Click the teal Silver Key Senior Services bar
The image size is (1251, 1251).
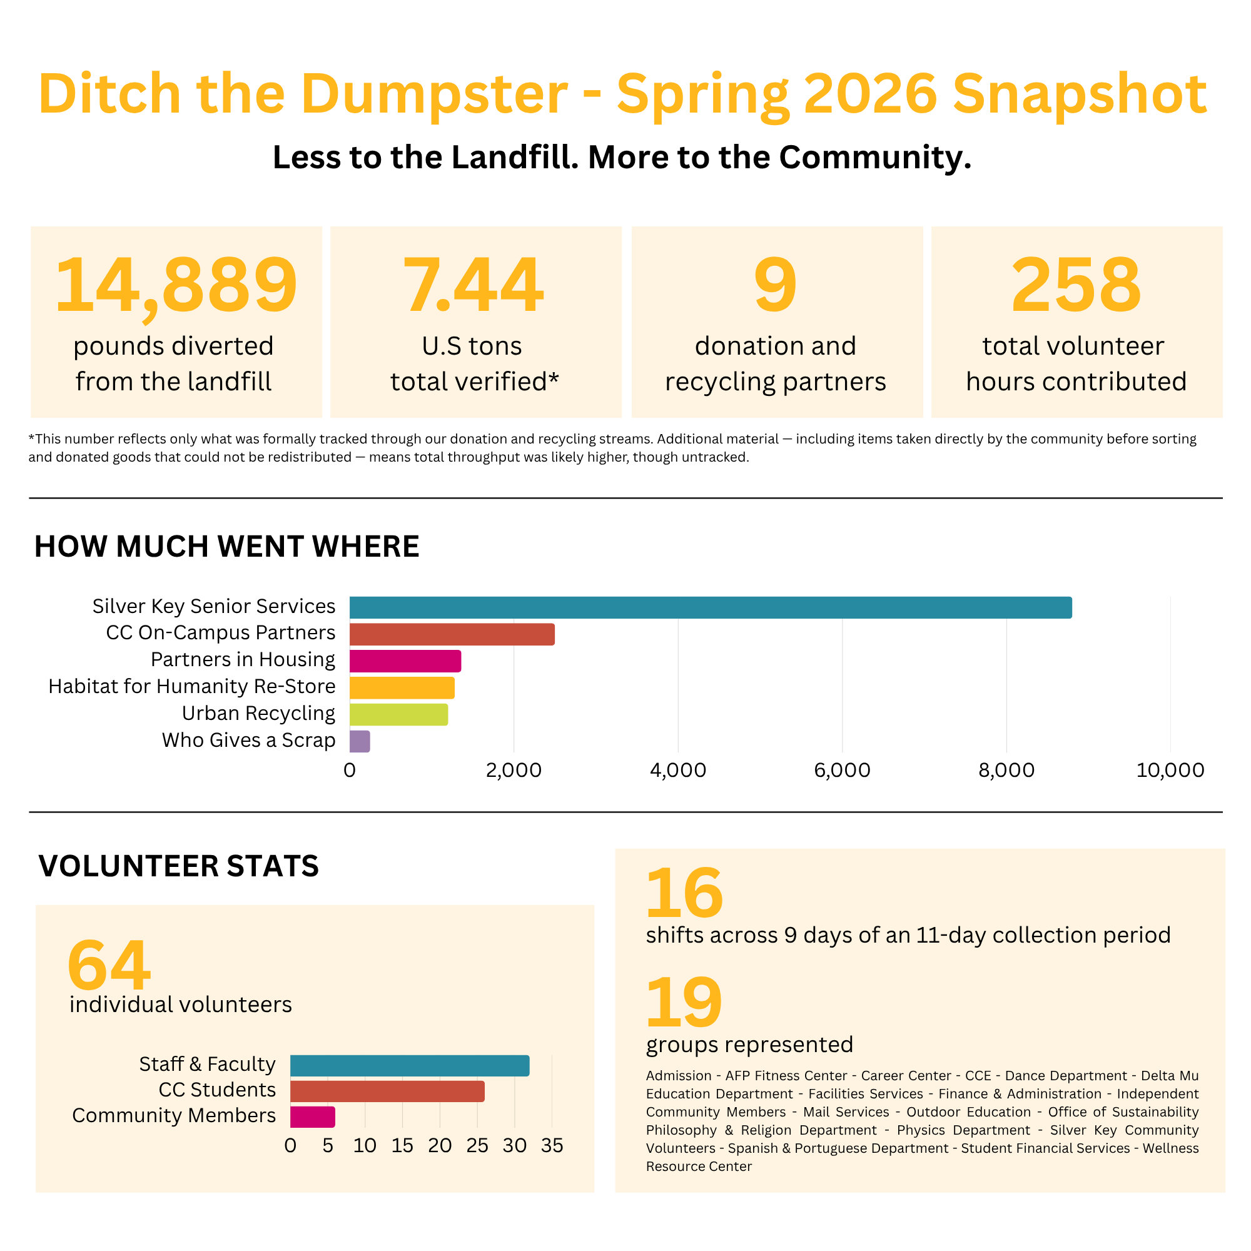pyautogui.click(x=711, y=607)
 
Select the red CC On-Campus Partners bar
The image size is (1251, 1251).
pyautogui.click(x=452, y=634)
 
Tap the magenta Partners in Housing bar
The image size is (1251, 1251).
pyautogui.click(x=405, y=661)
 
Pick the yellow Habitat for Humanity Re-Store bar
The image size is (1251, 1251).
pyautogui.click(x=402, y=687)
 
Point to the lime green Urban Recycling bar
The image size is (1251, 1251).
pyautogui.click(x=399, y=714)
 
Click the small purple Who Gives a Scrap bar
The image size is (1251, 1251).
pyautogui.click(x=360, y=741)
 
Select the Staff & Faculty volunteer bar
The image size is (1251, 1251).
pyautogui.click(x=410, y=1066)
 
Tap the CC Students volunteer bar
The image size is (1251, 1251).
pyautogui.click(x=387, y=1091)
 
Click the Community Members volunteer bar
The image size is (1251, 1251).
pyautogui.click(x=313, y=1117)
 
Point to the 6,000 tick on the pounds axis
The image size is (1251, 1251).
pyautogui.click(x=842, y=771)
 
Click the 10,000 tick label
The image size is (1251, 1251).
pyautogui.click(x=1170, y=771)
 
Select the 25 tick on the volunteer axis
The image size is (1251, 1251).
pyautogui.click(x=477, y=1145)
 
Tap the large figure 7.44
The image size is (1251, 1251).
pyautogui.click(x=474, y=285)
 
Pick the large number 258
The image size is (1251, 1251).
pyautogui.click(x=1076, y=285)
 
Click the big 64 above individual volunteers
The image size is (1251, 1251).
pyautogui.click(x=109, y=965)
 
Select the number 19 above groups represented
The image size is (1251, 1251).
pyautogui.click(x=684, y=1002)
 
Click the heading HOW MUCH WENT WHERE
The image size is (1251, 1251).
pyautogui.click(x=226, y=547)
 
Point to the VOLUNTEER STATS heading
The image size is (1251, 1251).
pyautogui.click(x=179, y=866)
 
